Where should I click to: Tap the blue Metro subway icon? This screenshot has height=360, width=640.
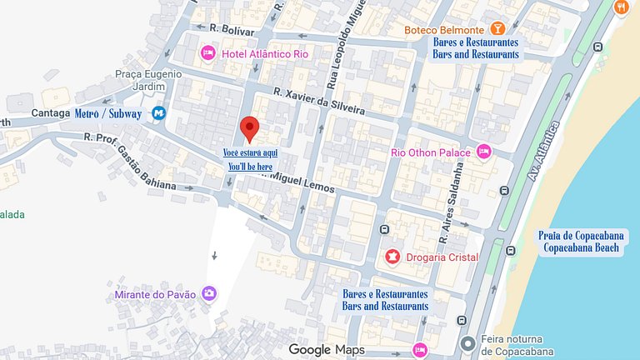tap(158, 113)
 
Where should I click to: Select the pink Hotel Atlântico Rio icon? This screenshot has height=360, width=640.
tap(208, 53)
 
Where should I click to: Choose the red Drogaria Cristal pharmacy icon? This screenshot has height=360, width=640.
tap(392, 257)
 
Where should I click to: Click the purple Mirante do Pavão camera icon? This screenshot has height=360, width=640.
tap(208, 293)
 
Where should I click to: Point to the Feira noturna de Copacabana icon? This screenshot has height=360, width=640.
tap(468, 342)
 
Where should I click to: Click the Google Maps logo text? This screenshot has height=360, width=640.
tap(327, 350)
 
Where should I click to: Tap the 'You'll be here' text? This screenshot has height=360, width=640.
tap(250, 167)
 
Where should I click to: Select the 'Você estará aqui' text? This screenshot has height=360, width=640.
tap(250, 153)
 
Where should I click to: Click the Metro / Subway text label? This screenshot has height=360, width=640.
tap(107, 113)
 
